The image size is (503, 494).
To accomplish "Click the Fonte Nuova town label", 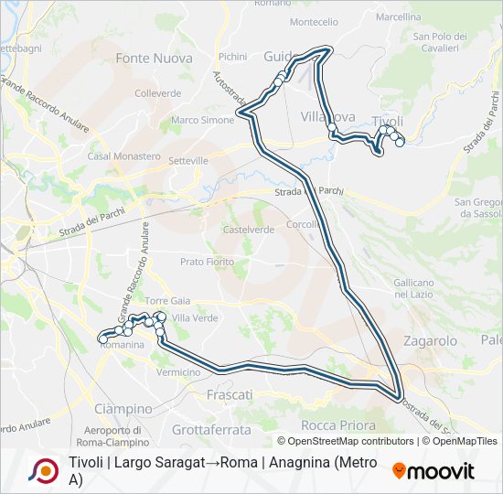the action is [154, 58].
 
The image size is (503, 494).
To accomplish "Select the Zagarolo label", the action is [430, 340].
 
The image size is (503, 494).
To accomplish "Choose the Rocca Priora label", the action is [338, 425].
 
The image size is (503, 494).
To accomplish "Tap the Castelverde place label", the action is [249, 230].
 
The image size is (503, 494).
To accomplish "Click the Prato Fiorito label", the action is [207, 262].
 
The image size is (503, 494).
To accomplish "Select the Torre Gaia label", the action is [167, 300].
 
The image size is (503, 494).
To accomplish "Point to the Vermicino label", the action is [178, 372].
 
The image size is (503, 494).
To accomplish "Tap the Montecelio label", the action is [314, 21].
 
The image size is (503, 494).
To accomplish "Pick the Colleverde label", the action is [157, 92].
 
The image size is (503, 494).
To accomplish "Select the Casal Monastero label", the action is [124, 156].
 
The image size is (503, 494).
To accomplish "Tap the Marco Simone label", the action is [203, 120].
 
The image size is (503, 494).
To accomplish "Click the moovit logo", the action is [433, 471].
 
